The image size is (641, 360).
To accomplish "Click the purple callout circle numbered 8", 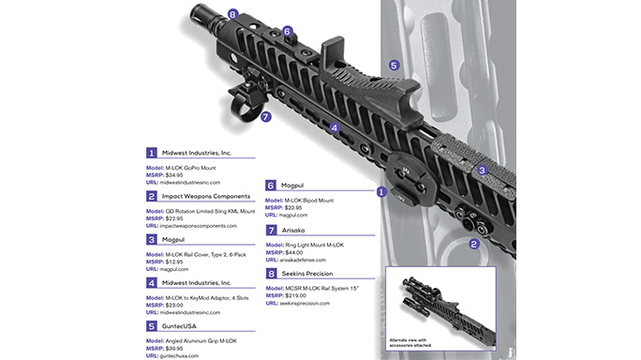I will click(232, 15).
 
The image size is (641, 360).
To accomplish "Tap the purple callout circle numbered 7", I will click(266, 117).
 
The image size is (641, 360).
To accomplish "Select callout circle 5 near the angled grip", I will click(394, 66).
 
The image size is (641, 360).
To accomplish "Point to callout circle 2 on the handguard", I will click(474, 244).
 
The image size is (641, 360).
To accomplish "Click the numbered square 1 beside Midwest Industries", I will click(151, 153).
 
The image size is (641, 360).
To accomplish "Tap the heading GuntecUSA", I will click(188, 325).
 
